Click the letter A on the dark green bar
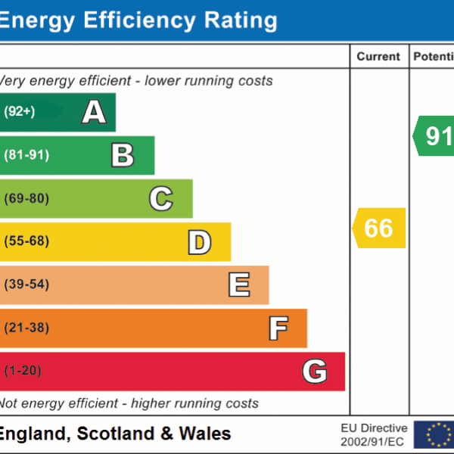tap(94, 112)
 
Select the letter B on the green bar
tap(123, 155)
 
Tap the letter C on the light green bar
tap(160, 198)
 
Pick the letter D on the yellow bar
tap(199, 242)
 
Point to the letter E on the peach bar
tap(238, 285)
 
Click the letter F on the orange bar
tap(278, 328)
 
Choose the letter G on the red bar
tap(314, 372)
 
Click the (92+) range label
tap(20, 112)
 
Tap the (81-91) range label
tap(26, 155)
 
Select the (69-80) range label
tap(26, 198)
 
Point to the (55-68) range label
tap(26, 242)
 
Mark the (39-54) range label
tap(26, 285)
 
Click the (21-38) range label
tap(26, 328)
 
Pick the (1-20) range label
tap(23, 372)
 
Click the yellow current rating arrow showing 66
tap(379, 228)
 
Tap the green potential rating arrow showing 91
tap(434, 135)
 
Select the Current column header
tap(378, 57)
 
